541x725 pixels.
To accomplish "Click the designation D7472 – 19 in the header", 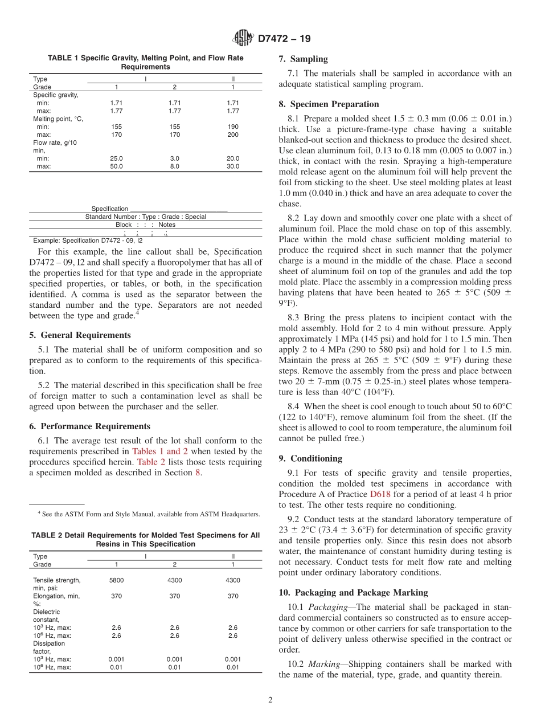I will pyautogui.click(x=284, y=39).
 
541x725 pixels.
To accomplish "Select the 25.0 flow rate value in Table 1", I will pyautogui.click(x=116, y=158).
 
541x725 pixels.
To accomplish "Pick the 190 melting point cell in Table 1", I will pyautogui.click(x=233, y=127).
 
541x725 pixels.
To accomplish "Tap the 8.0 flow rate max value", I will pyautogui.click(x=175, y=166).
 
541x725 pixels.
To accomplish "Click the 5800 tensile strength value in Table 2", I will pyautogui.click(x=116, y=580).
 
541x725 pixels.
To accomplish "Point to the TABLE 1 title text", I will pyautogui.click(x=145, y=62).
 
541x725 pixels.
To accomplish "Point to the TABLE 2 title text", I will pyautogui.click(x=145, y=540).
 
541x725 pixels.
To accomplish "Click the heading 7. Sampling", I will pyautogui.click(x=303, y=59).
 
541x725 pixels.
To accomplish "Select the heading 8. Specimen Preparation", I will pyautogui.click(x=329, y=104).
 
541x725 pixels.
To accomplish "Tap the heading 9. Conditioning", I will pyautogui.click(x=310, y=458).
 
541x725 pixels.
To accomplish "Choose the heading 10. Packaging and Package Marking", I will pyautogui.click(x=353, y=592).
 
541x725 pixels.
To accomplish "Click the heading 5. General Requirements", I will pyautogui.click(x=80, y=335).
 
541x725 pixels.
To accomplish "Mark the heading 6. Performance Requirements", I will pyautogui.click(x=89, y=426).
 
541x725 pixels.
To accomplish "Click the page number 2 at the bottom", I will pyautogui.click(x=270, y=700).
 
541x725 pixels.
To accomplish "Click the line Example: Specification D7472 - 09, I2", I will pyautogui.click(x=88, y=241).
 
